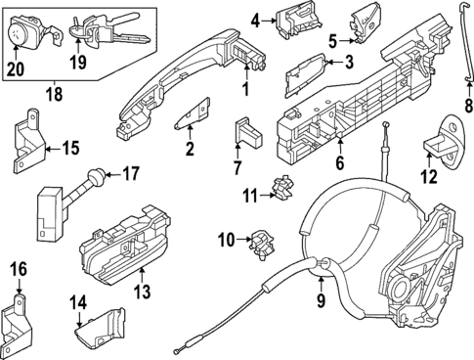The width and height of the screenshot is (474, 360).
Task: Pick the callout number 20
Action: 14,68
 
